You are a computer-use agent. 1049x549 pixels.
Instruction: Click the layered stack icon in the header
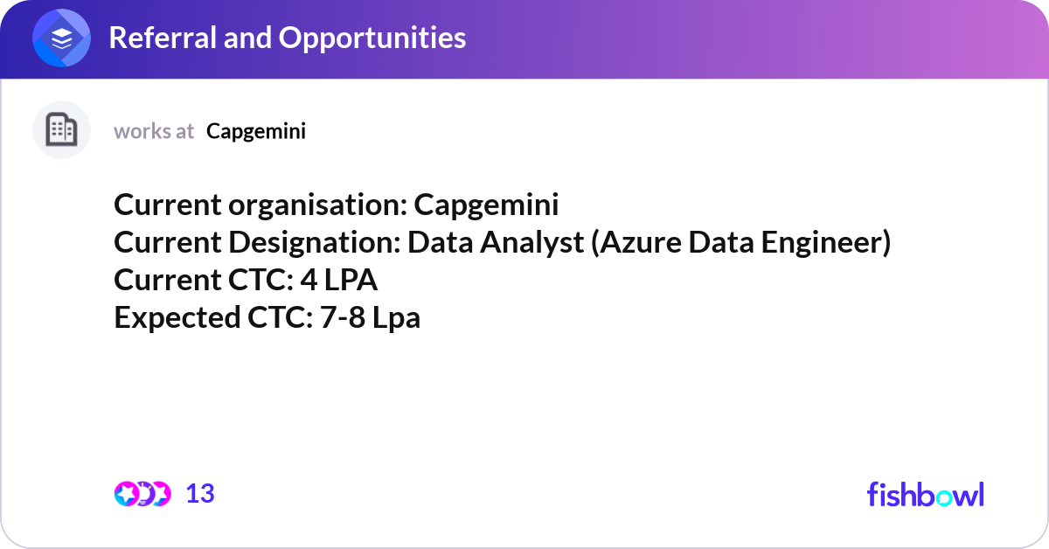tap(61, 38)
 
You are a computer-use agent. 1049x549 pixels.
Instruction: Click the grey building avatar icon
tap(61, 130)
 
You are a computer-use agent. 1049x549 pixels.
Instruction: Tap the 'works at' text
tap(154, 131)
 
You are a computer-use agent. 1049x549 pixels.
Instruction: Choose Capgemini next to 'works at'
tap(256, 131)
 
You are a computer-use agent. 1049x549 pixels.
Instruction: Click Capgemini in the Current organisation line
tap(486, 205)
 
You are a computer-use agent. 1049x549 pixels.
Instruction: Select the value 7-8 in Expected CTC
tap(343, 318)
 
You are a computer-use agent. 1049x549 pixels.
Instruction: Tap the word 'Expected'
tap(172, 318)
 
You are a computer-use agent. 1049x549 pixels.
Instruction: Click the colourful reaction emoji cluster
tap(142, 494)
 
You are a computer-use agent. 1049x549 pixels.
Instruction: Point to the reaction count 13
tap(200, 494)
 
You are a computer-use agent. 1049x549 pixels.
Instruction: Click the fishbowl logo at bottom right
tap(925, 495)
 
